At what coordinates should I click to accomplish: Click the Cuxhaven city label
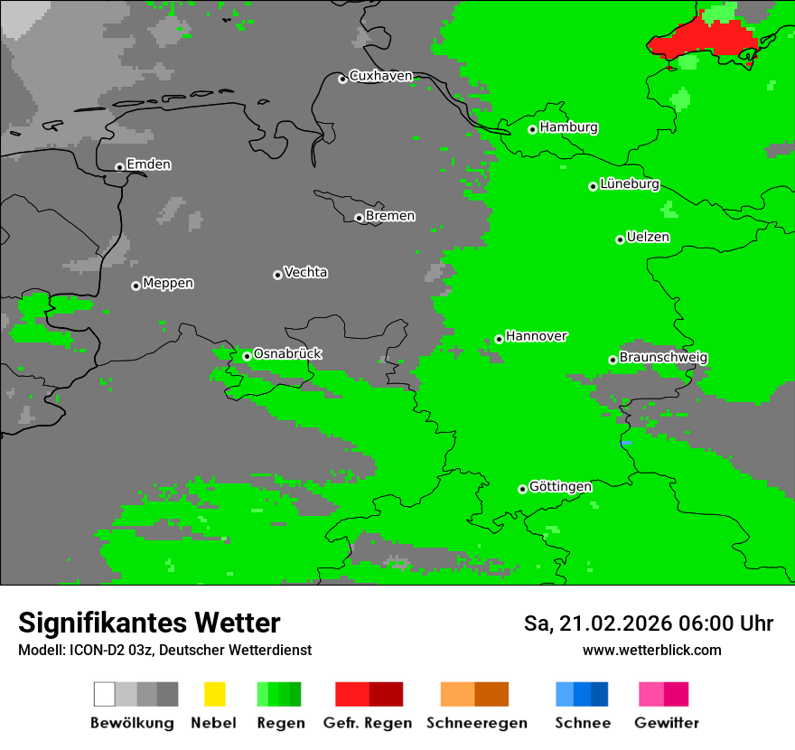380,76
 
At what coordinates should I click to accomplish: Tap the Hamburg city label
568,127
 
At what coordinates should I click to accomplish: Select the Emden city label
148,164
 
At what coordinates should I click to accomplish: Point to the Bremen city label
390,216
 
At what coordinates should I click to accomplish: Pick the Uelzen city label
648,238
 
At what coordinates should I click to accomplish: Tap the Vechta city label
305,272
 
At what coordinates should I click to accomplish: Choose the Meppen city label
168,284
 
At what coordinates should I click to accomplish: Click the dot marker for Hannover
499,339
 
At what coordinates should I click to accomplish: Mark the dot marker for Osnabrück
247,356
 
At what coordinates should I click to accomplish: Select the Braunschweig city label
663,358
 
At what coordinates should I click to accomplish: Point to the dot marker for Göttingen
522,489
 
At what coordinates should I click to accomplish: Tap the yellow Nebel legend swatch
214,694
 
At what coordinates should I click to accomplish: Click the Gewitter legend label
666,723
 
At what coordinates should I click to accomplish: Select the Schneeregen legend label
477,723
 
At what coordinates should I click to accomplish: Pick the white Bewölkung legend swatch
105,694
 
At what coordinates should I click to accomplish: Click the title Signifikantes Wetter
149,623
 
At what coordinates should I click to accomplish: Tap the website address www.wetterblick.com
651,650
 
